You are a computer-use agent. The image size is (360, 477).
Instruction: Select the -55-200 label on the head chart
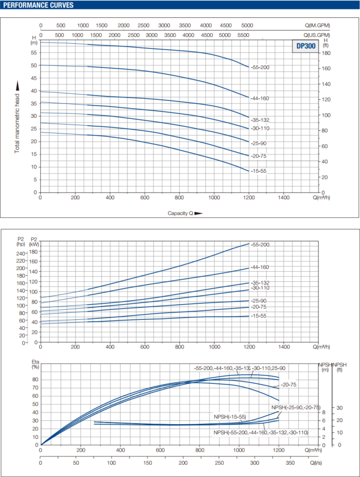click(260, 67)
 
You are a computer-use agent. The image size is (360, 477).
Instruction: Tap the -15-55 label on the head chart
click(259, 171)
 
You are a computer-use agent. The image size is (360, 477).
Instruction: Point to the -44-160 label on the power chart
click(260, 268)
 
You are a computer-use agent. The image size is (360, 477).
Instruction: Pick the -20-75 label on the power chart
click(259, 307)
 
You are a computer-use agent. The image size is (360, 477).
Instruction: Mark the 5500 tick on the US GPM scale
click(243, 35)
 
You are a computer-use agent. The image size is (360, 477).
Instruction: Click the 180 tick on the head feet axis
click(327, 53)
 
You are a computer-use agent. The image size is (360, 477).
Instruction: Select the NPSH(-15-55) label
click(230, 416)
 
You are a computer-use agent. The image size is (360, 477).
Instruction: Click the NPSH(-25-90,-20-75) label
click(295, 407)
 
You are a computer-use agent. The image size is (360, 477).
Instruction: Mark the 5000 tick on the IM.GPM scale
click(247, 26)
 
